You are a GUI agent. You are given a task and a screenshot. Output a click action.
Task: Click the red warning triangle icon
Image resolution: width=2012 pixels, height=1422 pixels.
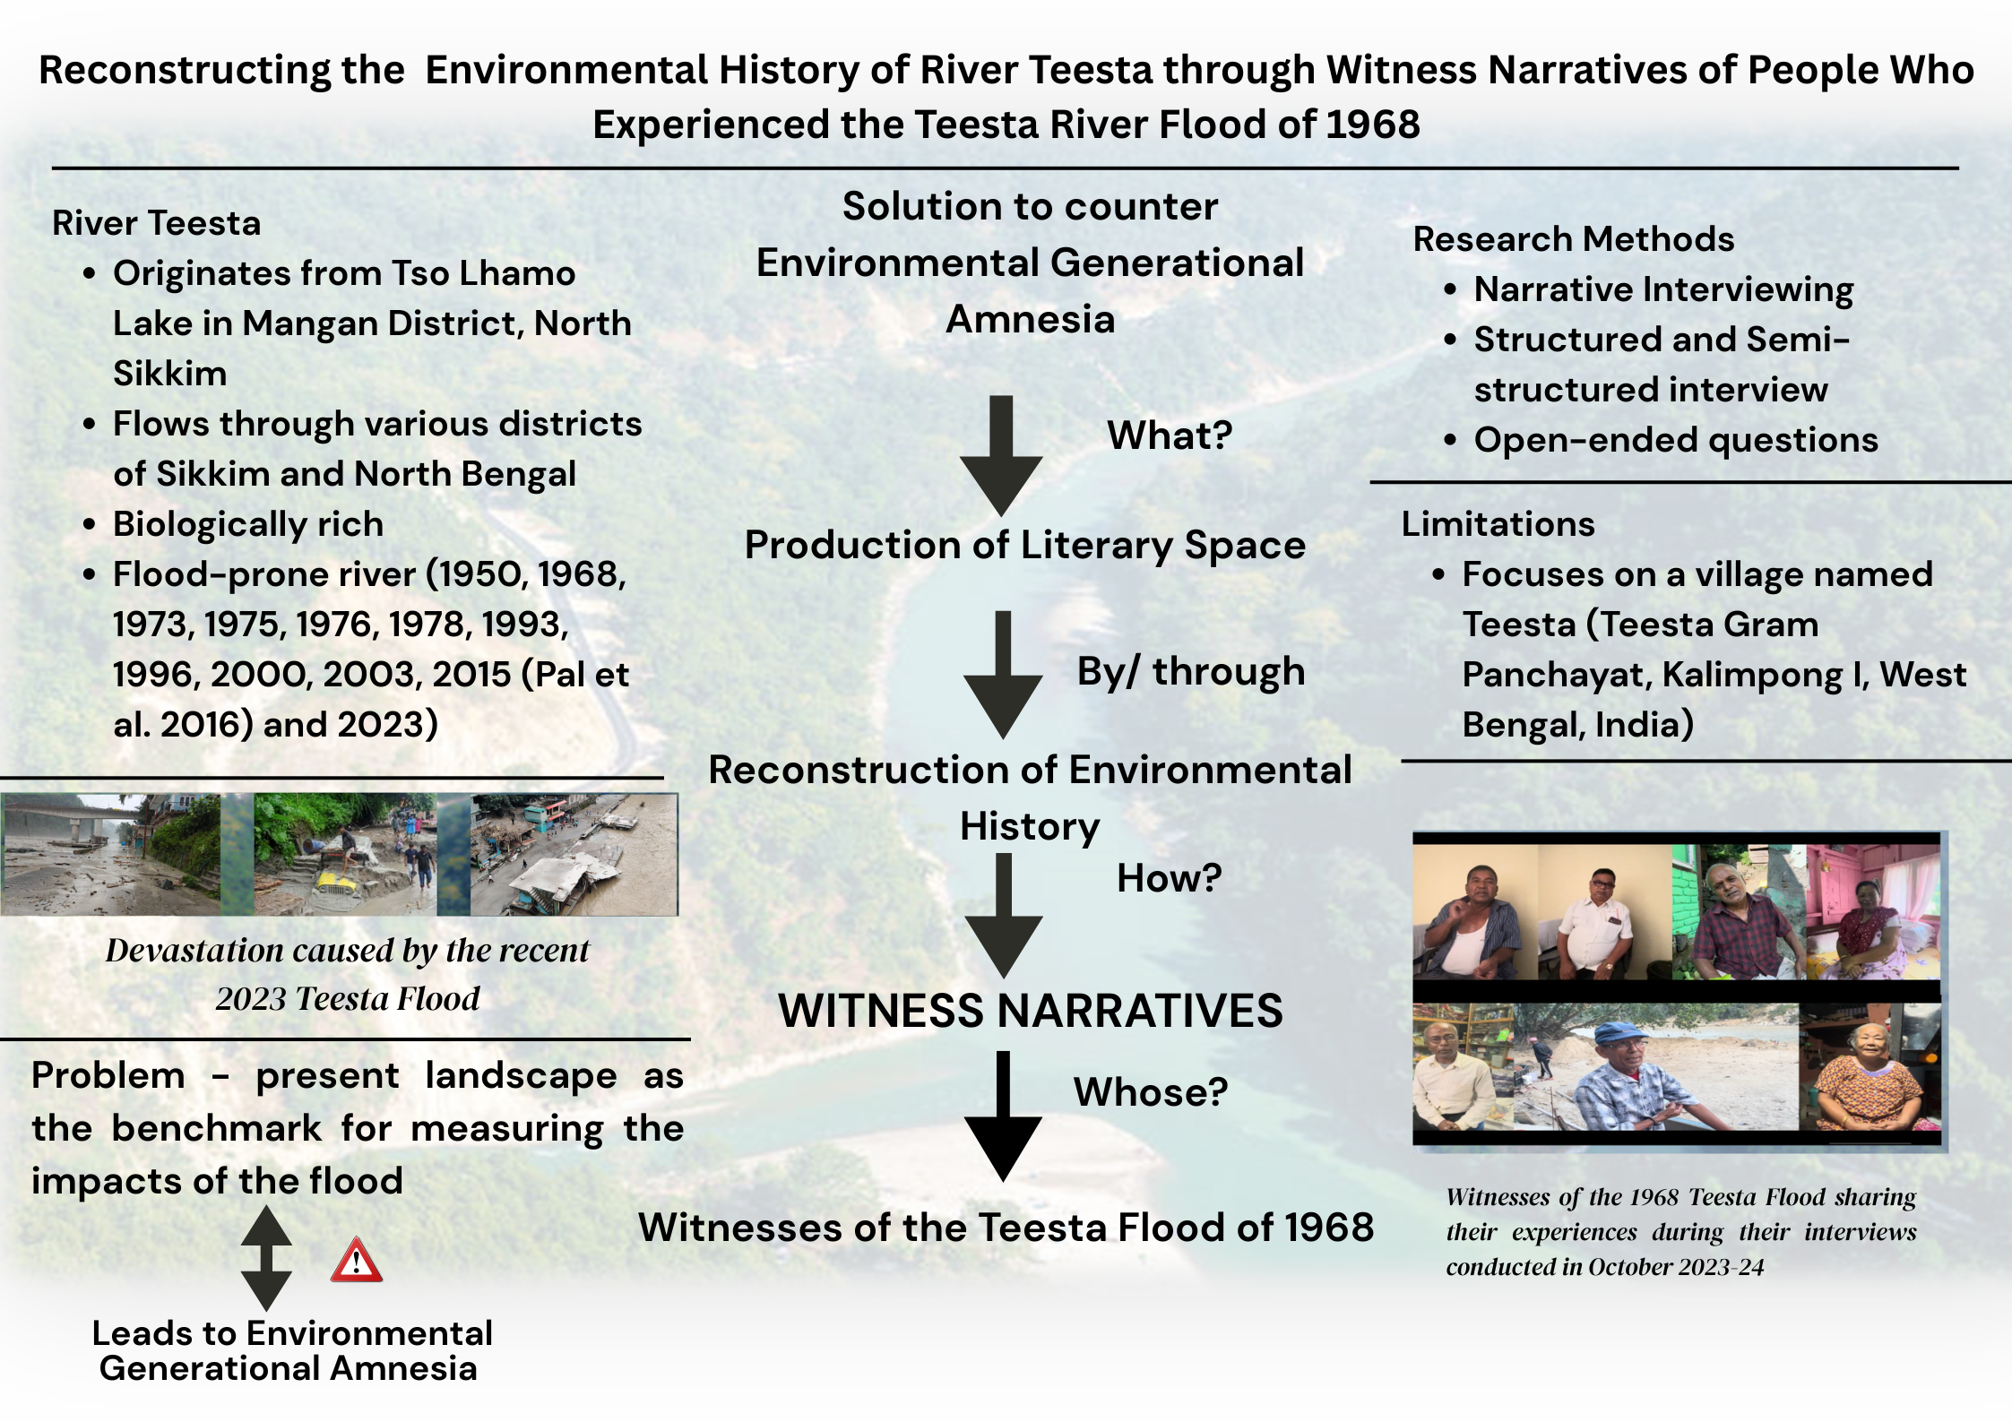pyautogui.click(x=357, y=1260)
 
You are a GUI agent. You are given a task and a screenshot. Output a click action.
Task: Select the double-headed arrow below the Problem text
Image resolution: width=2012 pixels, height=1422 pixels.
pyautogui.click(x=266, y=1258)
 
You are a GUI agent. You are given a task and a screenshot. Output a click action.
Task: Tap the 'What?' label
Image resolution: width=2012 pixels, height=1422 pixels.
pyautogui.click(x=1170, y=435)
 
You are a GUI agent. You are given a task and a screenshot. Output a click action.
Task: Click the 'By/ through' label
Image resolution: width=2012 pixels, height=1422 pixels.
pyautogui.click(x=1191, y=672)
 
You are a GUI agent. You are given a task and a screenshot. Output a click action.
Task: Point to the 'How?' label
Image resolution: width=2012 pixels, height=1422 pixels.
pyautogui.click(x=1169, y=878)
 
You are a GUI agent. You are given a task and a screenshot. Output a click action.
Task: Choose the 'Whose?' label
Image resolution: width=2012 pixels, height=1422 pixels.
pyautogui.click(x=1151, y=1091)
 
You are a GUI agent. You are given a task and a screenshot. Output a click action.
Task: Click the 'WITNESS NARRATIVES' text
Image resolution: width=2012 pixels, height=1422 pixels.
pyautogui.click(x=1031, y=1011)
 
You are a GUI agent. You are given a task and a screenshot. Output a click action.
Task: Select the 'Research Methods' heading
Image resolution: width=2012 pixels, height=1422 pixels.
pyautogui.click(x=1574, y=239)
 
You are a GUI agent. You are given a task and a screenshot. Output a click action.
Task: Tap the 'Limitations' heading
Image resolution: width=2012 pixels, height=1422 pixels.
pyautogui.click(x=1498, y=524)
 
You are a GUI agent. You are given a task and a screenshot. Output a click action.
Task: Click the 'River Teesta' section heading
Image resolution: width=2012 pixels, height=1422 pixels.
pyautogui.click(x=157, y=223)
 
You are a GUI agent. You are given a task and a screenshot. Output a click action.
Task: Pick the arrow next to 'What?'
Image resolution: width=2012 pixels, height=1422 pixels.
pyautogui.click(x=1001, y=456)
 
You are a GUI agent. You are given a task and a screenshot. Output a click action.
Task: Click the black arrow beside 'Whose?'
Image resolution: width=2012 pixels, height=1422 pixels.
pyautogui.click(x=1003, y=1116)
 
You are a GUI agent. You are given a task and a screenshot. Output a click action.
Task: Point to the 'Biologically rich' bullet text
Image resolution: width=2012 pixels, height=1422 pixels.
pyautogui.click(x=248, y=525)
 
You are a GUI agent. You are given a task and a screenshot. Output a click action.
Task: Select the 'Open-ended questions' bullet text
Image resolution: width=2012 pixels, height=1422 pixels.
pyautogui.click(x=1676, y=441)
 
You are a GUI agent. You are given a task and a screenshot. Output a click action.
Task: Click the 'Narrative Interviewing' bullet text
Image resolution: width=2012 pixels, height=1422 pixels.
pyautogui.click(x=1664, y=290)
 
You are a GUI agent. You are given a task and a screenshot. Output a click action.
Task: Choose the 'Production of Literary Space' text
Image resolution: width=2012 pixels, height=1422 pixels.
pyautogui.click(x=1025, y=546)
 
